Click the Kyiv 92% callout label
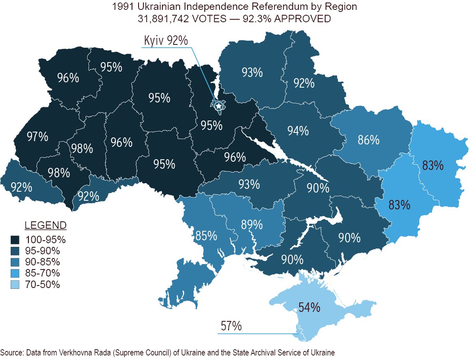166,41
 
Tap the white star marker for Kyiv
219,106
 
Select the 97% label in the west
37,137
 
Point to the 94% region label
298,131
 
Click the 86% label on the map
368,140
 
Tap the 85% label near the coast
206,236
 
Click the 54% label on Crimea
310,307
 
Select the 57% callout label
231,326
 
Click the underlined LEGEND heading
46,225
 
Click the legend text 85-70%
43,273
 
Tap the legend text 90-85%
43,262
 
